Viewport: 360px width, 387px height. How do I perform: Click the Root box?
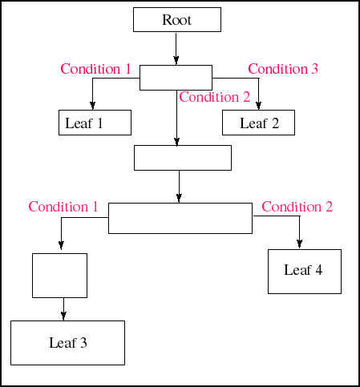pos(177,19)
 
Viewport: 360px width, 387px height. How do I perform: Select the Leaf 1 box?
pos(95,123)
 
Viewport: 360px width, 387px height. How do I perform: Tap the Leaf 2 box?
pos(258,123)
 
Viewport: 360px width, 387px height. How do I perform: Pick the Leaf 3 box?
pos(67,343)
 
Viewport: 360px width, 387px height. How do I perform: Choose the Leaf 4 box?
pos(305,272)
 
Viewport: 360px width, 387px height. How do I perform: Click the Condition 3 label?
pos(283,69)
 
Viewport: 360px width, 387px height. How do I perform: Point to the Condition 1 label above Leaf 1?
pos(95,69)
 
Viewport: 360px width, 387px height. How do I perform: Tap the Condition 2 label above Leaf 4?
pos(297,207)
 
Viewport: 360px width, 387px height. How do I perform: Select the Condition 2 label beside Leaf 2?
pos(215,97)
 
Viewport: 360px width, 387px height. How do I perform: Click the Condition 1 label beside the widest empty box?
pos(63,207)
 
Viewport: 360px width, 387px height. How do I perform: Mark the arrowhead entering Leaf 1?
pos(92,106)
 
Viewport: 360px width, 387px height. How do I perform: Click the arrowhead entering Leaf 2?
pos(258,106)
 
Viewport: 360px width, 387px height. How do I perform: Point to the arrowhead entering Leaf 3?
pos(63,316)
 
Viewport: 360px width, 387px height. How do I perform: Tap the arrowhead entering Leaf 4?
pos(299,244)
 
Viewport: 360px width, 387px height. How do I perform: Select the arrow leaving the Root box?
pos(176,49)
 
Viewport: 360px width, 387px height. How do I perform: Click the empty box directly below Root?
pos(176,78)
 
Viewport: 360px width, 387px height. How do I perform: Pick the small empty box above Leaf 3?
pos(59,276)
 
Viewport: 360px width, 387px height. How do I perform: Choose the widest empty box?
pos(180,218)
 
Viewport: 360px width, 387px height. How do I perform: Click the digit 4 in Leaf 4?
pos(318,270)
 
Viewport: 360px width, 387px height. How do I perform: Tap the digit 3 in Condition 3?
pos(314,69)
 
